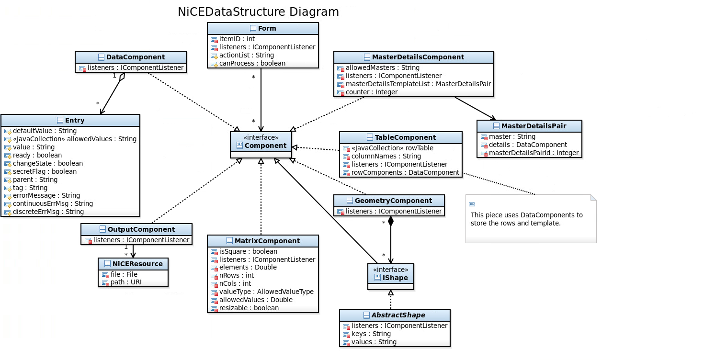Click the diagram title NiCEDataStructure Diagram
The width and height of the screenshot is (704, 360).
tap(258, 12)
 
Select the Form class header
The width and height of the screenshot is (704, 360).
tap(263, 28)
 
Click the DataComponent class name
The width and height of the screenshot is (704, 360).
tap(135, 57)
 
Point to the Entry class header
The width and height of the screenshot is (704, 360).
tap(70, 120)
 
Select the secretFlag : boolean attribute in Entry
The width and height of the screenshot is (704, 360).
tap(45, 171)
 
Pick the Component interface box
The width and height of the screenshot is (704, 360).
tap(261, 145)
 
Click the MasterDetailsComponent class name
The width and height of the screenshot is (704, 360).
tap(418, 57)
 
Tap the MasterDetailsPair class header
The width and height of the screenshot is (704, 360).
tap(529, 126)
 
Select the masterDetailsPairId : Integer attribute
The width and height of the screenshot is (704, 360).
tap(534, 153)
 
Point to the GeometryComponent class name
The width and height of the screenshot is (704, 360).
tap(393, 201)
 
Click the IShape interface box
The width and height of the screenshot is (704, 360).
tap(391, 277)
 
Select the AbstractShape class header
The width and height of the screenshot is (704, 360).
tap(395, 315)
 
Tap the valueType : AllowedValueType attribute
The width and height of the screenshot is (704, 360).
tap(266, 292)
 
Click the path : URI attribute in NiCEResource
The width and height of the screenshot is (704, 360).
tap(126, 282)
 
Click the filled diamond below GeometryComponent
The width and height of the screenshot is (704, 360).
tap(391, 221)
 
